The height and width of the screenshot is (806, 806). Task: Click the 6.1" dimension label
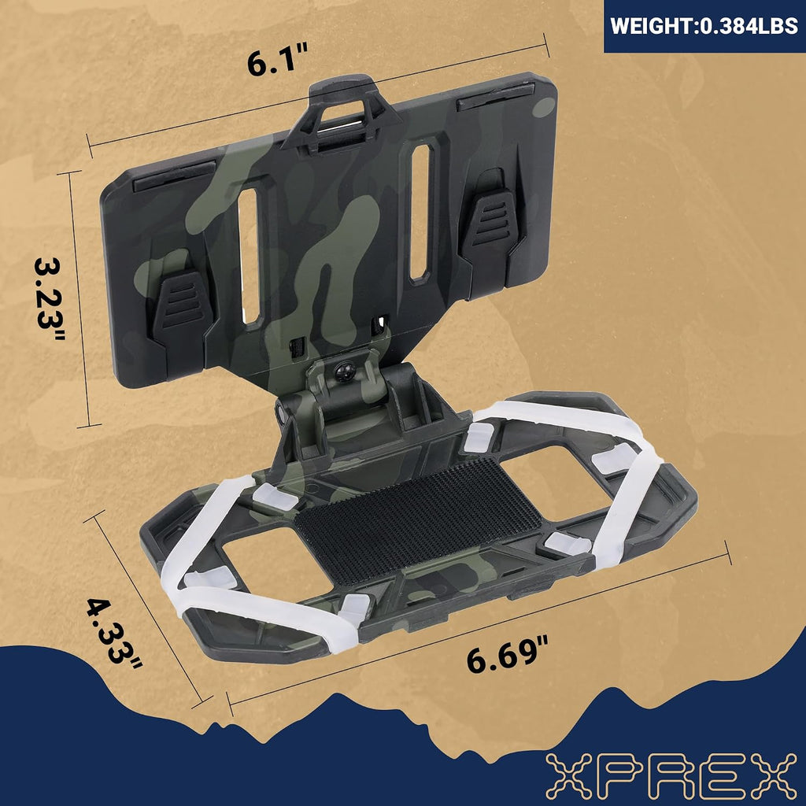[x=277, y=60]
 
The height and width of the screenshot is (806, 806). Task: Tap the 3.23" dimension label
[x=50, y=299]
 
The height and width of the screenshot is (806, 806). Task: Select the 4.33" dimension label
[x=113, y=634]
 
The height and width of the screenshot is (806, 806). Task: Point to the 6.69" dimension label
[x=508, y=655]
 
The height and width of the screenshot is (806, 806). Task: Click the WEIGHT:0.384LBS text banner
[x=704, y=26]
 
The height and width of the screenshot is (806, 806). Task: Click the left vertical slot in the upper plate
[x=250, y=256]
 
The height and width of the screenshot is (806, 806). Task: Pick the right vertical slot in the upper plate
[x=420, y=213]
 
